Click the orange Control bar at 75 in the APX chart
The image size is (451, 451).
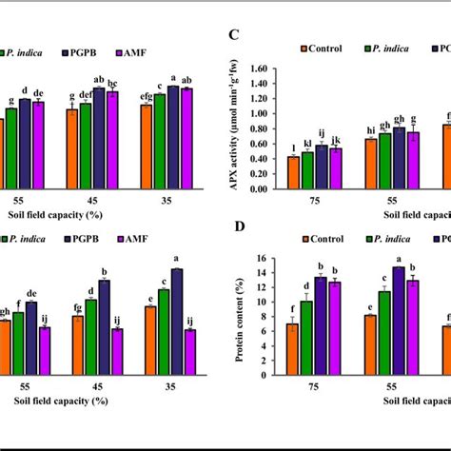[x=294, y=172]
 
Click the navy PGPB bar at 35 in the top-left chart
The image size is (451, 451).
[x=172, y=118]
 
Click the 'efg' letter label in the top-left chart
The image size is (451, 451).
[x=147, y=97]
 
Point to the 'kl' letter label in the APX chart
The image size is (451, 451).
[x=307, y=144]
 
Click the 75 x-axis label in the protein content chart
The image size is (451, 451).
[x=314, y=388]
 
